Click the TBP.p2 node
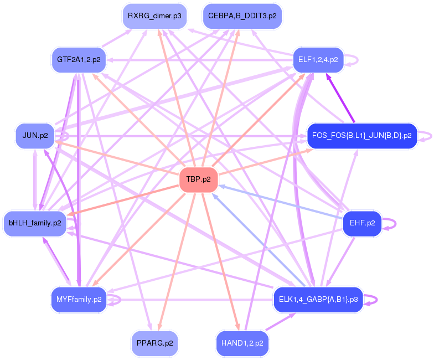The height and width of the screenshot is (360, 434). [x=198, y=179]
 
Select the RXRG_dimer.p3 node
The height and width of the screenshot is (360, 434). [x=154, y=16]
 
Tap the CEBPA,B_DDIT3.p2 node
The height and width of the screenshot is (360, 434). [x=242, y=16]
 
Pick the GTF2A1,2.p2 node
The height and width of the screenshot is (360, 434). [x=79, y=60]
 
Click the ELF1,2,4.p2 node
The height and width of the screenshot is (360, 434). [x=318, y=60]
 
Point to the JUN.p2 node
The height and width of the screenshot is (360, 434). [x=35, y=136]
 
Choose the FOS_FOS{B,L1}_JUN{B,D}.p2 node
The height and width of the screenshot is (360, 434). [x=362, y=136]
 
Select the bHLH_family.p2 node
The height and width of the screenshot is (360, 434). [x=35, y=223]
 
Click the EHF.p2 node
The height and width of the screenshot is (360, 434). [x=362, y=223]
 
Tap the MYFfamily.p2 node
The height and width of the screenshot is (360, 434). [x=79, y=300]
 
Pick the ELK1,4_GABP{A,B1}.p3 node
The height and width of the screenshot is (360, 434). [x=318, y=300]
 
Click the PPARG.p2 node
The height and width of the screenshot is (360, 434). [x=154, y=343]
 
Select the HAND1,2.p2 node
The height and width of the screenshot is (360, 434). [x=242, y=343]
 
